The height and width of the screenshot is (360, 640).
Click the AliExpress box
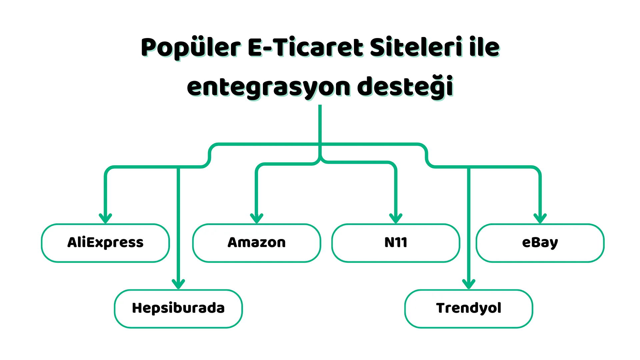point(105,243)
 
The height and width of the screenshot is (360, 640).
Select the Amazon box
point(257,243)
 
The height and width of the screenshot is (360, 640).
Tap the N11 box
point(396,243)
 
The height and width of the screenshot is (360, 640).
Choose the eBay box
point(540,243)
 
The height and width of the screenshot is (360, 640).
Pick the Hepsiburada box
point(178,309)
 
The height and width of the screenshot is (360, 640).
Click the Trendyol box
point(469,309)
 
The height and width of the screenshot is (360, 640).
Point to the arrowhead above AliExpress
point(105,218)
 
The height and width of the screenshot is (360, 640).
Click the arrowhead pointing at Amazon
point(257,218)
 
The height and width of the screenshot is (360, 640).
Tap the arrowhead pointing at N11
point(396,218)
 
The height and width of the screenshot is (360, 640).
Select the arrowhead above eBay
point(540,218)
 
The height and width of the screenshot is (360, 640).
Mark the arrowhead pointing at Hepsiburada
point(178,284)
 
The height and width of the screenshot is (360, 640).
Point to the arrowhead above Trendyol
point(469,284)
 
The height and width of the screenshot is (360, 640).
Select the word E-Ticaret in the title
point(306,47)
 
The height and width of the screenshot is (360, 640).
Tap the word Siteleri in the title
point(416,47)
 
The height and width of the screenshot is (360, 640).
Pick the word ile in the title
point(485,47)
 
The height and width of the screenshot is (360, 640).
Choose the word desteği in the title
point(405,87)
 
